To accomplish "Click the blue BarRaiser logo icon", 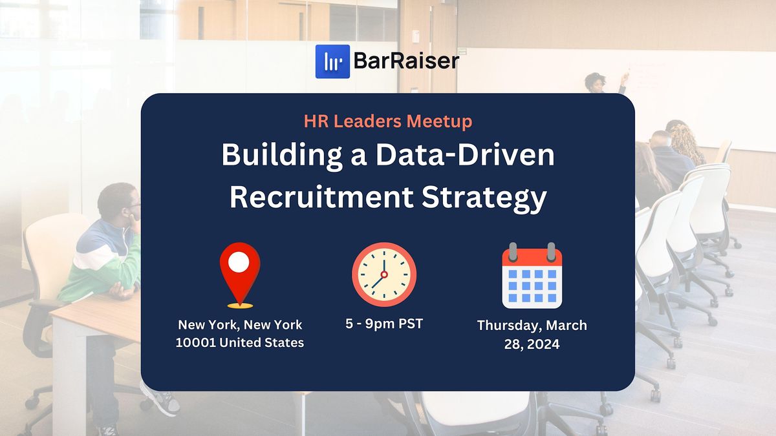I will point(332,61).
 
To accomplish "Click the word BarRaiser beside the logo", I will point(406,62).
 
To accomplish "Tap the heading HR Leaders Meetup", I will point(388,121).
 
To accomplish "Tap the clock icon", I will point(384,275).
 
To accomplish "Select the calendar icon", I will point(532,276).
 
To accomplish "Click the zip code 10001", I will point(195,343).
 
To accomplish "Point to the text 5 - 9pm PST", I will point(384,324).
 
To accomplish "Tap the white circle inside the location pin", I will point(239,262).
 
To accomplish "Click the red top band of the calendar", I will point(532,257).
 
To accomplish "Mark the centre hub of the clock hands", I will point(384,275).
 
